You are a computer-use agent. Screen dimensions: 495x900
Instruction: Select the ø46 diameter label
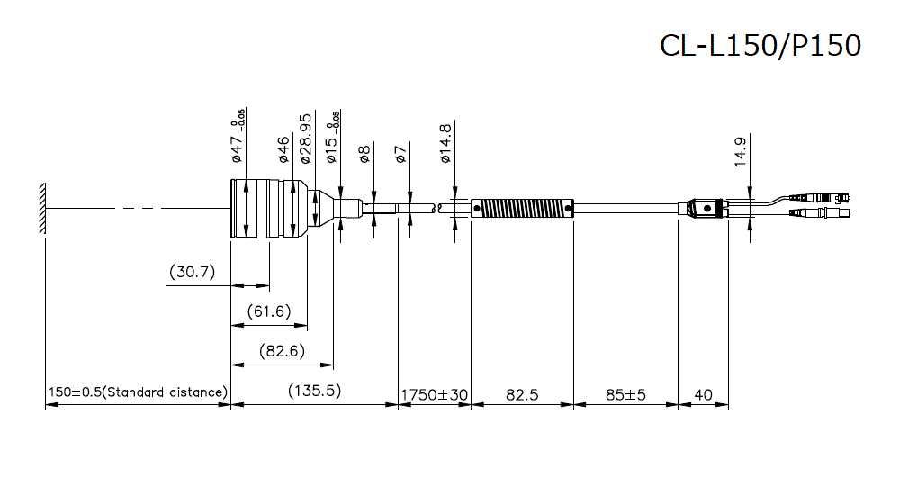tap(283, 148)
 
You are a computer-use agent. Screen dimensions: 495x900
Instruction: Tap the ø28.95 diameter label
tap(305, 138)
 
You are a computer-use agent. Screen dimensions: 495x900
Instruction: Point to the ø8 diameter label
tap(364, 153)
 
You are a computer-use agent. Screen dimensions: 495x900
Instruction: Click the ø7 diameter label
tap(401, 153)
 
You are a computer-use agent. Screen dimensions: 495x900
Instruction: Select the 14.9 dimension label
tap(740, 149)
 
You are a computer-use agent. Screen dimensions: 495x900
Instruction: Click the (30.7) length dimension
tap(192, 271)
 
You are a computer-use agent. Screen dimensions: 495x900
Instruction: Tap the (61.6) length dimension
tap(257, 310)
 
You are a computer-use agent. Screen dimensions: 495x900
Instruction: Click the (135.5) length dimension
tap(314, 391)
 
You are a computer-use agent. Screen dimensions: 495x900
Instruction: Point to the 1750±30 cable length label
tap(435, 393)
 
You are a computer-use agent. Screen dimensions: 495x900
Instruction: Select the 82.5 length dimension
tap(522, 393)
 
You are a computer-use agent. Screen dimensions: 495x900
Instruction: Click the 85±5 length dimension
tap(625, 393)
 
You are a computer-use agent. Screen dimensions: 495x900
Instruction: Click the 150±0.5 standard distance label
tap(138, 393)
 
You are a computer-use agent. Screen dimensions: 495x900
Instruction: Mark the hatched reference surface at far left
tap(41, 209)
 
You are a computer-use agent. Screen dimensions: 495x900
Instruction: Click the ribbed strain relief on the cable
tap(523, 208)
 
